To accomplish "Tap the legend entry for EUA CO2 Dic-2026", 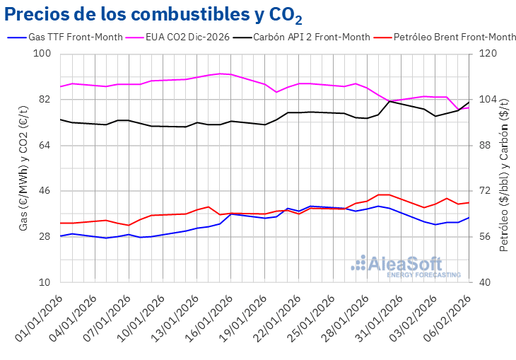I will pyautogui.click(x=187, y=37).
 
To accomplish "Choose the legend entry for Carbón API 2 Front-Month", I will pyautogui.click(x=311, y=37).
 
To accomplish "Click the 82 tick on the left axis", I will pyautogui.click(x=45, y=100).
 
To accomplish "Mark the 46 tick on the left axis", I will pyautogui.click(x=45, y=191).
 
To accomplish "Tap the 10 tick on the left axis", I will pyautogui.click(x=45, y=282).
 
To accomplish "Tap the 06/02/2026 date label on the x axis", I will pyautogui.click(x=444, y=315).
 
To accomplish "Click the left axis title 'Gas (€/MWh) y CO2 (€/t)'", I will pyautogui.click(x=23, y=168).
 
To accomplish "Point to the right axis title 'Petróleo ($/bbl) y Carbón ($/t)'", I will pyautogui.click(x=504, y=168).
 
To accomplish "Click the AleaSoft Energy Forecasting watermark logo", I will pyautogui.click(x=406, y=266).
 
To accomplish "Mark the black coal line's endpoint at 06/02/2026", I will pyautogui.click(x=469, y=102).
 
